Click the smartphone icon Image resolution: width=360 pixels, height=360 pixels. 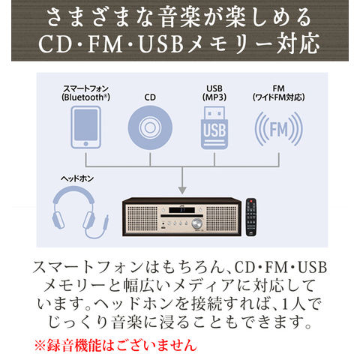point(85,127)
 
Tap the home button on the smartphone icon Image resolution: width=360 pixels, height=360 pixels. point(85,144)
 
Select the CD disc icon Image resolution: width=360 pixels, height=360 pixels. point(150,127)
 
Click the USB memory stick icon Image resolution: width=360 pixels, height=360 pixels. point(214,127)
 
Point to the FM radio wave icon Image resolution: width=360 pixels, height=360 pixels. point(278,129)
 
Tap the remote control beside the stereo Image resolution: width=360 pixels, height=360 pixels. point(251,217)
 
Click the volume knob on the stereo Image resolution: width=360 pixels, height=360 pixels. point(197,223)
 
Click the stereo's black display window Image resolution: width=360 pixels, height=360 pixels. point(181,210)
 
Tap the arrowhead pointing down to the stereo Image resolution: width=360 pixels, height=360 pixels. point(182,190)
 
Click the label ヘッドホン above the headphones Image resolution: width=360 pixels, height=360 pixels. point(77,178)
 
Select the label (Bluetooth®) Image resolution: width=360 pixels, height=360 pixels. point(85,97)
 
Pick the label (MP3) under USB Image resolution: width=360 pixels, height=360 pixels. point(214,97)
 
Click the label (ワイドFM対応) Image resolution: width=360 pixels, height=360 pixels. point(278,97)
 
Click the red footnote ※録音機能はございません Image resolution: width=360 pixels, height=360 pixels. point(115,345)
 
